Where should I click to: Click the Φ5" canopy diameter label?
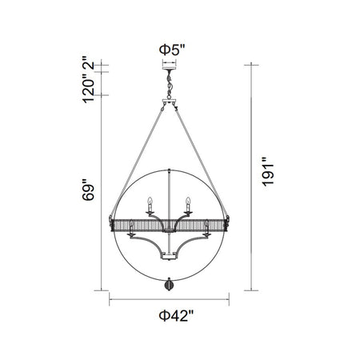point(172,50)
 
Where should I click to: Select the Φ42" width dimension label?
point(176,316)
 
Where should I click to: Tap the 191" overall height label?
point(268,171)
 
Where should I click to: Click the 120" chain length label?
point(88,87)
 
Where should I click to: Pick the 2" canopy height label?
point(88,62)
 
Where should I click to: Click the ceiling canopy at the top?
point(170,69)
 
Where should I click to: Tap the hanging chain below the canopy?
point(170,85)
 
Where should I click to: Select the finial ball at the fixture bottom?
point(170,284)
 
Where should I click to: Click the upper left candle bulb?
point(150,201)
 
